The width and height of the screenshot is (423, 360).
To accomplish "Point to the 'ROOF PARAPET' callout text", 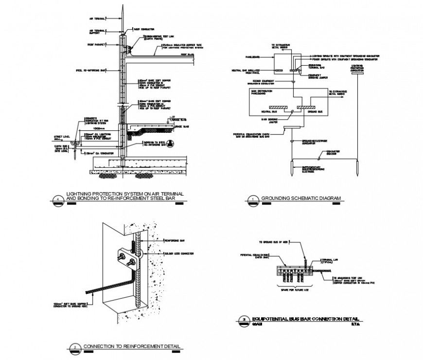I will pyautogui.click(x=96, y=43).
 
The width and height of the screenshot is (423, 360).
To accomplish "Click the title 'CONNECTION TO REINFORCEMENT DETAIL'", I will pyautogui.click(x=132, y=346).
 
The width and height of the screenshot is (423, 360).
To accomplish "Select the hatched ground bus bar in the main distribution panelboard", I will pyautogui.click(x=305, y=106).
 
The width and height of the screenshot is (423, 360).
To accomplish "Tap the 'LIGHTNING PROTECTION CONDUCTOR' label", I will pyautogui.click(x=356, y=68).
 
